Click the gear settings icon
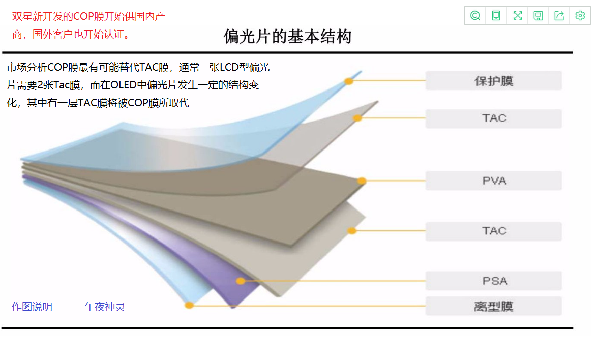point(580,16)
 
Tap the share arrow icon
point(559,16)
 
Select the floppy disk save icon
point(538,16)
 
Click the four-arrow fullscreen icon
point(518,16)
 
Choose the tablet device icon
point(496,16)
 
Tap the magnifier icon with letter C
point(475,16)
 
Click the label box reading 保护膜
point(493,81)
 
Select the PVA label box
point(493,181)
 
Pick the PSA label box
point(493,281)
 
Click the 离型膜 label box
point(493,306)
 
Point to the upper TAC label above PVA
point(493,118)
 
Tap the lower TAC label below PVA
point(493,231)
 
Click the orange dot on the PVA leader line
point(362,181)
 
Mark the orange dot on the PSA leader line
point(241,281)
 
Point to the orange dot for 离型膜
point(189,306)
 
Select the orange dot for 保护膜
point(349,81)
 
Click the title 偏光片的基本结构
point(287,37)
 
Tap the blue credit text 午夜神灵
point(105,307)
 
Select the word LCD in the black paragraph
point(229,68)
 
